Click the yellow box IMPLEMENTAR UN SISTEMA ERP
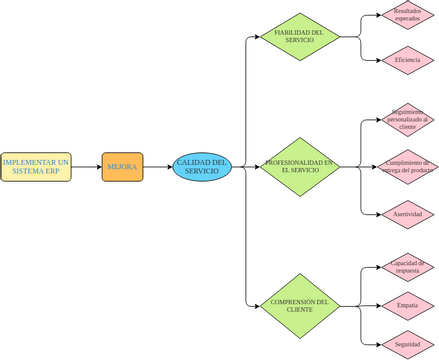[x=36, y=167]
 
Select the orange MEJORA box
[x=122, y=167]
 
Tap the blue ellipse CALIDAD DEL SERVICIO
[x=202, y=167]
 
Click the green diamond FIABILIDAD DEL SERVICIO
[x=300, y=36]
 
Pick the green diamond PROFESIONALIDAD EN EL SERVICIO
[x=300, y=167]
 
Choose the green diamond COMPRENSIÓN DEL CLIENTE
[x=300, y=306]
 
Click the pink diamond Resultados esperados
[x=407, y=15]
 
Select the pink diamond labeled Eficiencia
[x=407, y=60]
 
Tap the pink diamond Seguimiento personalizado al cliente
[x=407, y=120]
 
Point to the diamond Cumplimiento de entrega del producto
[x=407, y=167]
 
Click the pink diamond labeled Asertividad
[x=407, y=214]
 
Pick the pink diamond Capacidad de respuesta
[x=407, y=266]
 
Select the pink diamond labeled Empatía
[x=407, y=305]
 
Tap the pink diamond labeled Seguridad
[x=407, y=344]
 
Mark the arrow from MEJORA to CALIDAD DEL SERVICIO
[x=157, y=167]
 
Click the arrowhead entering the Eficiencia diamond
[x=377, y=60]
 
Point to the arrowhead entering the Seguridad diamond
[x=377, y=344]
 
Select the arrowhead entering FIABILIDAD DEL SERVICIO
[x=255, y=36]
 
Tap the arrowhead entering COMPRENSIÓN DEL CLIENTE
[x=255, y=306]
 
